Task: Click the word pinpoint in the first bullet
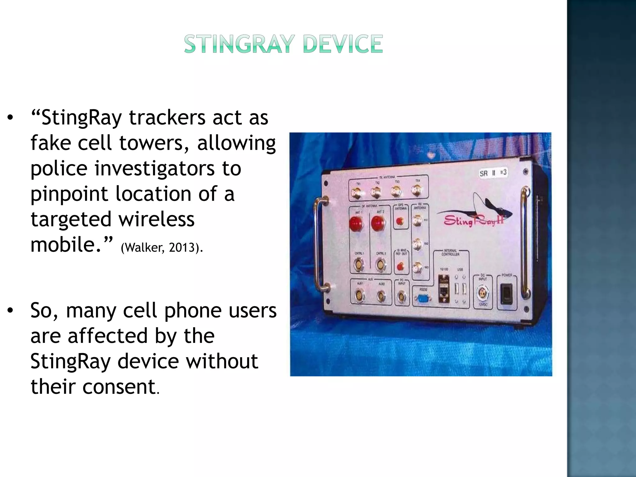click(69, 194)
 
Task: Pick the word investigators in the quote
click(154, 168)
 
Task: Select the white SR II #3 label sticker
click(493, 173)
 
